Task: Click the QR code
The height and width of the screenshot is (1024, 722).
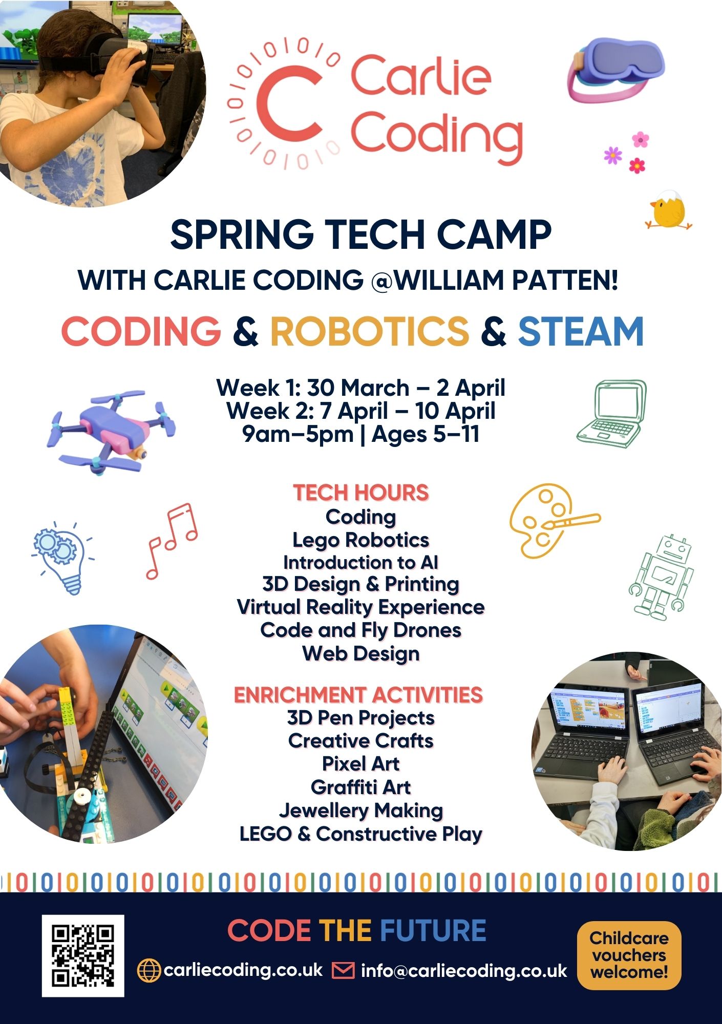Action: (x=83, y=956)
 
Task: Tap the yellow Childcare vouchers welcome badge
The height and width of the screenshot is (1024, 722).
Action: (x=629, y=955)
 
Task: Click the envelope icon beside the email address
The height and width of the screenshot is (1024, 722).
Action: (x=343, y=970)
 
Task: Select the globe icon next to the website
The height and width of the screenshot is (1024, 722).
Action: (x=149, y=970)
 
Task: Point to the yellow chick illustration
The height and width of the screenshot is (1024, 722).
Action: (x=668, y=209)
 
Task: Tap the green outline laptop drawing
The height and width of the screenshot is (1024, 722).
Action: (x=611, y=414)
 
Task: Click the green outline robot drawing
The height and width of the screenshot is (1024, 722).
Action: (x=661, y=578)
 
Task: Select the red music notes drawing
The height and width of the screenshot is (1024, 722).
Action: (x=172, y=541)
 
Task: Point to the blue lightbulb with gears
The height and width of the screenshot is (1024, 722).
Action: (x=63, y=558)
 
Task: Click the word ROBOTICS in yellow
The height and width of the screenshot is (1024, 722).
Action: (x=369, y=331)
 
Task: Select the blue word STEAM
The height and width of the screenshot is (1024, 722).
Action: (x=581, y=331)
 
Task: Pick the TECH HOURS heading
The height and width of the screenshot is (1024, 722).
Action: (x=360, y=493)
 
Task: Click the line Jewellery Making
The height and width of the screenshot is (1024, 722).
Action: (x=360, y=810)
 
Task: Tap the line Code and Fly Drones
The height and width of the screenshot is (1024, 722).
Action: (x=360, y=630)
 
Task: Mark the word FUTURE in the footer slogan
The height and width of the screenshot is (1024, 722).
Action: (x=433, y=930)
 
